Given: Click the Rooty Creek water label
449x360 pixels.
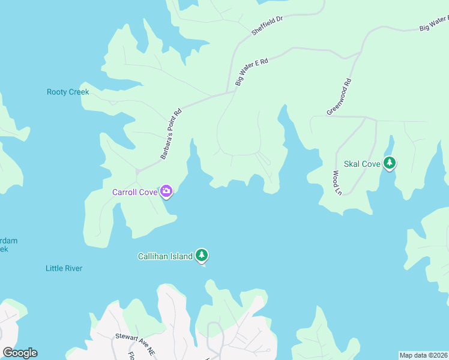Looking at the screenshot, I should coord(68,92).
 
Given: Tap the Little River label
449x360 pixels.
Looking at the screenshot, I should coord(64,268).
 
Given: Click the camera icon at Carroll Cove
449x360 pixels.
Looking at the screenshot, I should coord(166,192).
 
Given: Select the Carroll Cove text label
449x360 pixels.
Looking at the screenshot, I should coord(135,193).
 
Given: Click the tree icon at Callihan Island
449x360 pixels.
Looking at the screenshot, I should coord(202,256).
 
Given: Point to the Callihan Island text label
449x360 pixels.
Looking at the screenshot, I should coord(166,257).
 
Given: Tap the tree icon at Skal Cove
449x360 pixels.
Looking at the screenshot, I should coord(390,163).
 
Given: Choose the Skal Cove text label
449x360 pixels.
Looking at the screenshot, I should coord(362,164).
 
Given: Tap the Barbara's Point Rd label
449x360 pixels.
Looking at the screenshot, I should coord(171,134).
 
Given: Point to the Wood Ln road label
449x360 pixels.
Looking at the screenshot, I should coord(337,183).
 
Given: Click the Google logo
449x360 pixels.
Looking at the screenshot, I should coord(20,353).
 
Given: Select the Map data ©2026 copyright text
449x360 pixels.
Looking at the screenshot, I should coord(423,355).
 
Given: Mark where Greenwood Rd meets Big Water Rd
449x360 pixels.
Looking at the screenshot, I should coord(360,53).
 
